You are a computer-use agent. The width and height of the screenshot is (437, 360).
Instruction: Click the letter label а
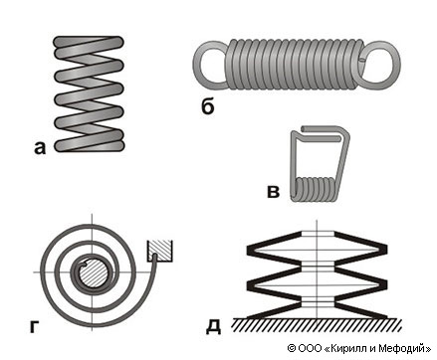[40, 148]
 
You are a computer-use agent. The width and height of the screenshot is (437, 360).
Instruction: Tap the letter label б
[208, 106]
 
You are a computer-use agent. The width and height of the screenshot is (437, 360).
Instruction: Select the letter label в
[274, 191]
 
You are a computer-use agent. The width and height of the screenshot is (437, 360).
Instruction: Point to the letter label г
[35, 326]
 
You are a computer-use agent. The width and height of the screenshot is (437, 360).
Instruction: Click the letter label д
[213, 327]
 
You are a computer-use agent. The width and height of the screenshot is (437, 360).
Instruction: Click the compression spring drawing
[89, 93]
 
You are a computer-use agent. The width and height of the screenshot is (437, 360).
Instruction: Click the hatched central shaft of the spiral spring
[94, 272]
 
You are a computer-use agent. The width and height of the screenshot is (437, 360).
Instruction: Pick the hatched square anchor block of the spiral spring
[160, 250]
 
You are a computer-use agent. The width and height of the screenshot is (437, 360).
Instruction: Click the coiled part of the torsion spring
[315, 189]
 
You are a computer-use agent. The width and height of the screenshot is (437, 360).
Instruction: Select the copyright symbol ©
[292, 348]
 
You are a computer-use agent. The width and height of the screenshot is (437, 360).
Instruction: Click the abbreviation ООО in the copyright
[310, 348]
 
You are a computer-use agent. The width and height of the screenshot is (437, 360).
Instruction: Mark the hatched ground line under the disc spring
[317, 325]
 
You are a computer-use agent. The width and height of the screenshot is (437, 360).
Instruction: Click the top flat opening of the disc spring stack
[318, 234]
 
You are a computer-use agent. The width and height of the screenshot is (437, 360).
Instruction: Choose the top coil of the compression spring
[89, 43]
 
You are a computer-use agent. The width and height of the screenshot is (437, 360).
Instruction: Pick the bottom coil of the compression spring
[89, 145]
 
